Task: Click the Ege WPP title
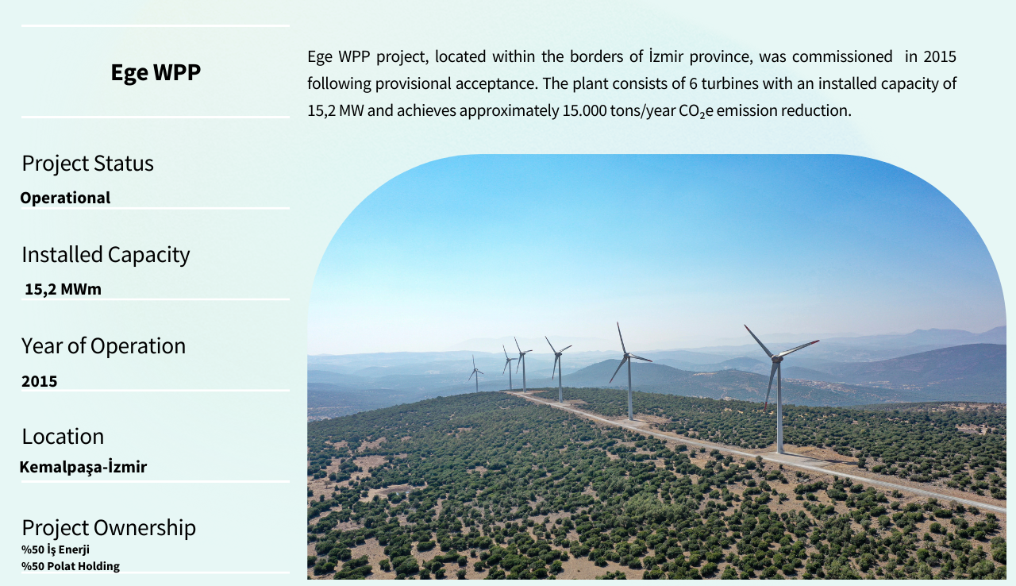click(x=156, y=72)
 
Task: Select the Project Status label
click(x=87, y=164)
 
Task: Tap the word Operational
click(x=65, y=198)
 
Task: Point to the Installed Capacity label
click(x=106, y=255)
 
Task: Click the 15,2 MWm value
click(x=63, y=289)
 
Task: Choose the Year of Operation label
click(x=103, y=345)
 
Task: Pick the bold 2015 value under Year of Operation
click(x=40, y=381)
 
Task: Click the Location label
click(x=63, y=437)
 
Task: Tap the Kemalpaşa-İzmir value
click(x=83, y=467)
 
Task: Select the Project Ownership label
click(x=109, y=528)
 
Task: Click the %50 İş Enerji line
click(x=56, y=549)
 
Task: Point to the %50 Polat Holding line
click(x=71, y=566)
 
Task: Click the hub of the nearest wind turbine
click(x=777, y=359)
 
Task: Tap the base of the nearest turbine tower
click(x=780, y=450)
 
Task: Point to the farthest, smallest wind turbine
click(x=475, y=374)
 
